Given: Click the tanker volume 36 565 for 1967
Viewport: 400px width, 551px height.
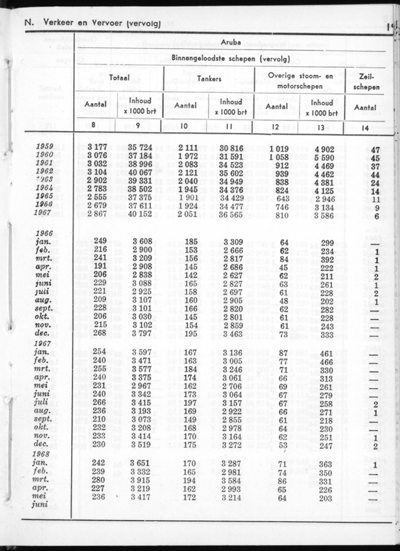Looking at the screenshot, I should click(x=231, y=213).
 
